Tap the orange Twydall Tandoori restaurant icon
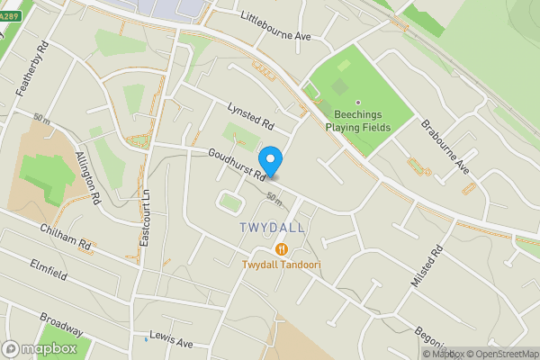point(281,248)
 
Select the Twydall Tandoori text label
point(281,265)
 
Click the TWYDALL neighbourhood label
point(274,229)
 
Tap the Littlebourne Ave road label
point(275,27)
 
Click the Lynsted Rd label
point(249,114)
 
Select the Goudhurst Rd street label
point(236,163)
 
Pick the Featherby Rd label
point(31,61)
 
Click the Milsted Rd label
point(427,266)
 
